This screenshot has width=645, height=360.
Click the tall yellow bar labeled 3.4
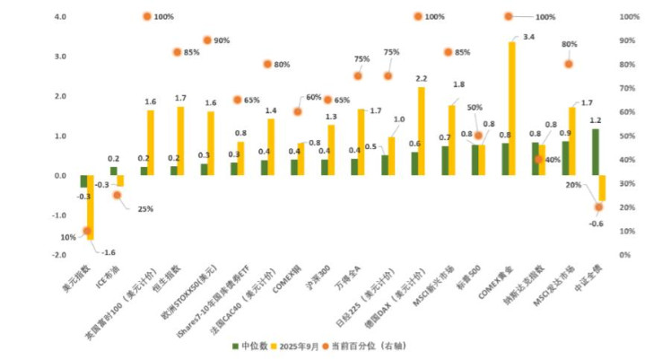pos(512,108)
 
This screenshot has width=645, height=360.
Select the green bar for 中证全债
pos(595,152)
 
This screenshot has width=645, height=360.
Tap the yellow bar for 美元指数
pos(91,207)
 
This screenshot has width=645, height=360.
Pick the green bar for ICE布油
pos(114,171)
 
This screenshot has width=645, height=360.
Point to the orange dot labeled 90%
pos(207,40)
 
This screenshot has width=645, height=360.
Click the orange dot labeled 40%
pos(538,159)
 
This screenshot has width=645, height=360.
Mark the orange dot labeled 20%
pos(598,207)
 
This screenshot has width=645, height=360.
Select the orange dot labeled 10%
pos(87,231)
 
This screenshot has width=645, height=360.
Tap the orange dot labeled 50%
pos(478,136)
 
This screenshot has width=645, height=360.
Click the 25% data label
pos(144,209)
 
